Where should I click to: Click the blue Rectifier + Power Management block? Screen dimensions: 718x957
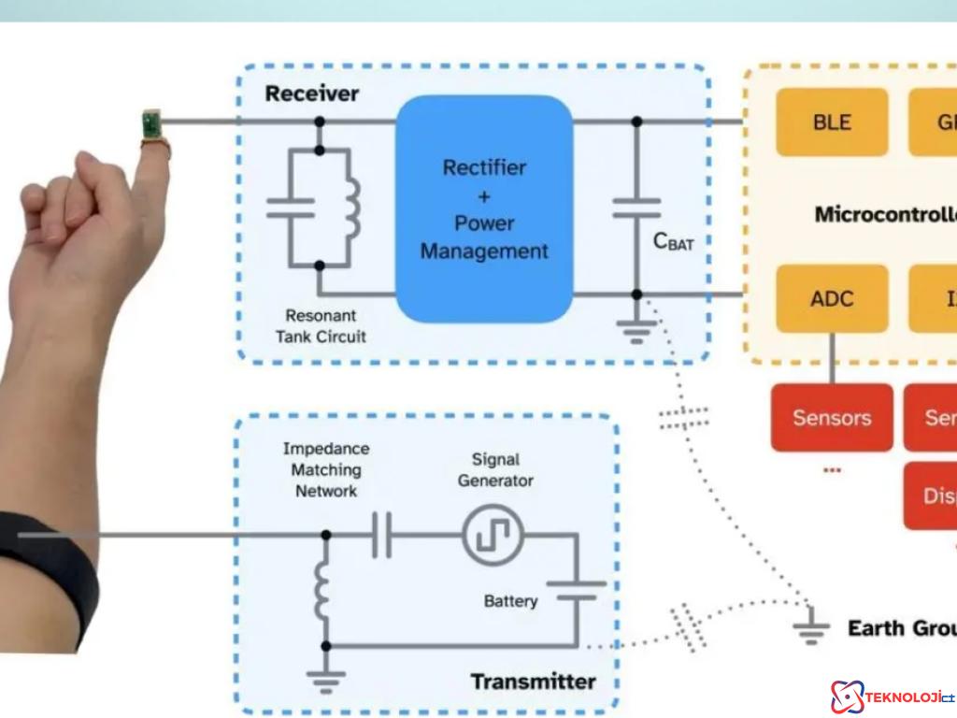point(484,208)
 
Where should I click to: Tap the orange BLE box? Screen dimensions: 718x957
point(832,122)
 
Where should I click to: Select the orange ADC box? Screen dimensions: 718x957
point(832,298)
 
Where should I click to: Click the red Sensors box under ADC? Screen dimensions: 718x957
point(832,417)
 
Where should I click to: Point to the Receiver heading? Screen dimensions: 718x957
point(312,93)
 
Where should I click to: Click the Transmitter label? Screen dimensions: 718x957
point(533,681)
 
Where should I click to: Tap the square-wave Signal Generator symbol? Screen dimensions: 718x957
point(493,535)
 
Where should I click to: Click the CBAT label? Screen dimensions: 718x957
point(673,242)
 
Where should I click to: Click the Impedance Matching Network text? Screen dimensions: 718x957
point(326,469)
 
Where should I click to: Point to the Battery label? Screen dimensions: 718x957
point(510,600)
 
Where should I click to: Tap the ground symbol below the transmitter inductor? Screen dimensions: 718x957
point(325,679)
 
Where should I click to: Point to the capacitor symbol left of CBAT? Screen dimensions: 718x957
point(636,208)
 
